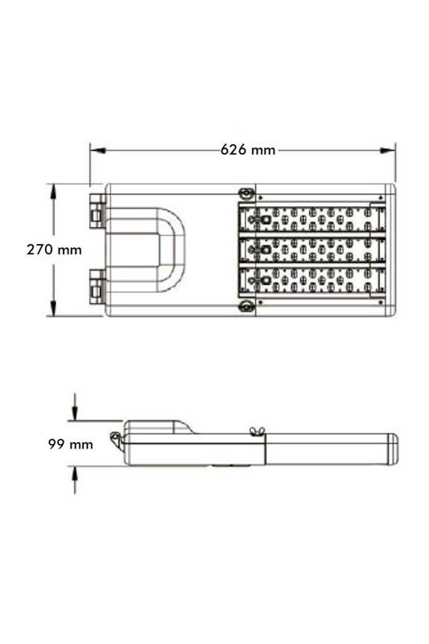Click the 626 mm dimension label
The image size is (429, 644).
click(248, 150)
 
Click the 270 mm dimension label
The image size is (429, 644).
click(54, 250)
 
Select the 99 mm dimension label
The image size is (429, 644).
click(70, 444)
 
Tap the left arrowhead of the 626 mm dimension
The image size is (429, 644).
click(97, 151)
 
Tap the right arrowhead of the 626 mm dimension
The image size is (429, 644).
click(387, 151)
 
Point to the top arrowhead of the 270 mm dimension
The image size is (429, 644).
click(53, 192)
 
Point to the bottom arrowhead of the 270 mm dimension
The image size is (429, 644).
click(53, 308)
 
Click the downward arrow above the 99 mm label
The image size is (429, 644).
click(75, 407)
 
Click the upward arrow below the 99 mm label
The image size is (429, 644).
click(75, 480)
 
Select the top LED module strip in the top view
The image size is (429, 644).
click(312, 218)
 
